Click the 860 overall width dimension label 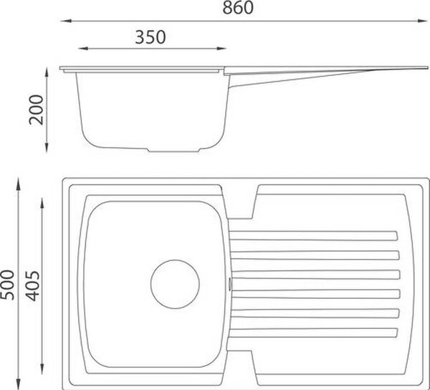point(238,8)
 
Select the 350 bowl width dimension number point(150,37)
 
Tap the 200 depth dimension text point(37,110)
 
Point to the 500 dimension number point(7,285)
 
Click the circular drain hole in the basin point(175,284)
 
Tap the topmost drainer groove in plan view point(313,236)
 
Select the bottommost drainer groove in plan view point(313,333)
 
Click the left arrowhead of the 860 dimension point(65,21)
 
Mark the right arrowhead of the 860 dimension point(422,21)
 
